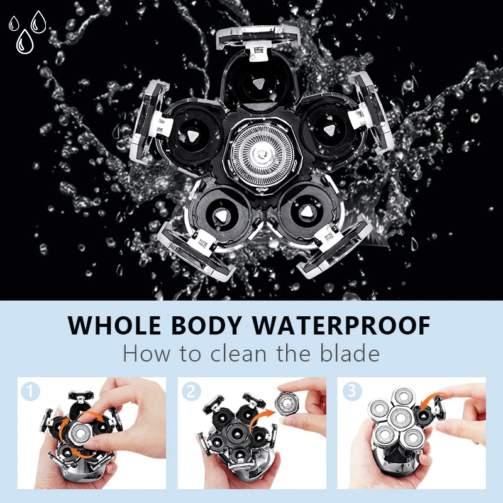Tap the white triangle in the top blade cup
click(x=258, y=84)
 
